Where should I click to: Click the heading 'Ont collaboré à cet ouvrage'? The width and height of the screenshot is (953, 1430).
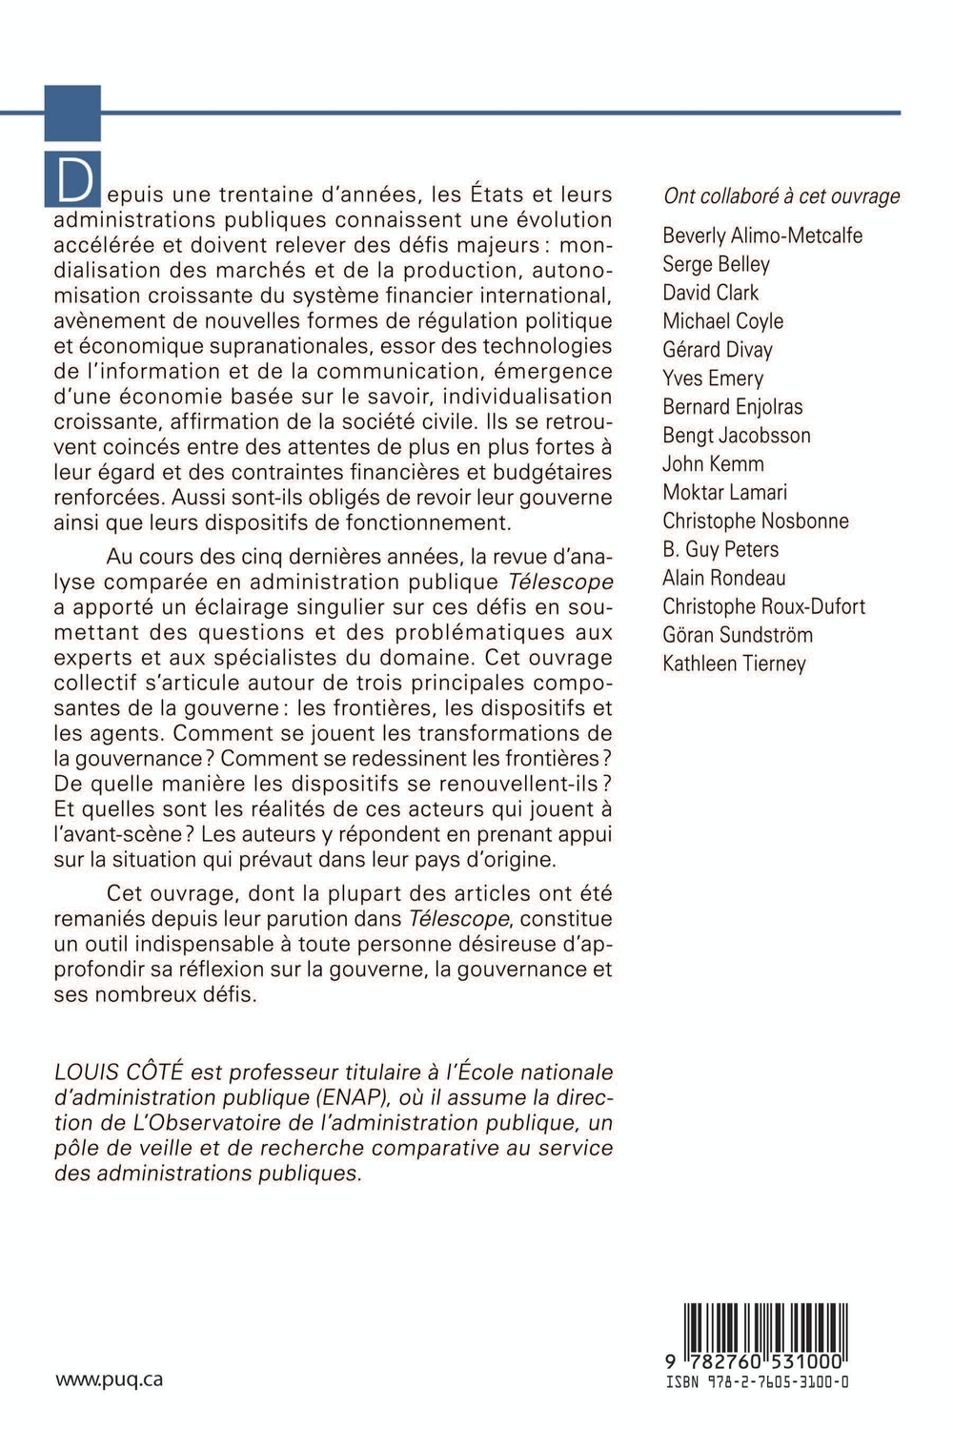(x=781, y=196)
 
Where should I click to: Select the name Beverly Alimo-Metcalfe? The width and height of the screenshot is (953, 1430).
(x=762, y=235)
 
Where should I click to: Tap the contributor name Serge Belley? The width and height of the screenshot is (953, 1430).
(x=716, y=264)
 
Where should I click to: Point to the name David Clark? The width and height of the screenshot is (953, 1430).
(x=711, y=293)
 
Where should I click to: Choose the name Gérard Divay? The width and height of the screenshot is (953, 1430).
(x=718, y=350)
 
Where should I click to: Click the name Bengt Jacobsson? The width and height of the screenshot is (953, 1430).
(x=737, y=436)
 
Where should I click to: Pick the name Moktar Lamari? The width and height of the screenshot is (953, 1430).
(x=725, y=493)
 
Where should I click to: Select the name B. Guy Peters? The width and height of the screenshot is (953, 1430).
(x=720, y=550)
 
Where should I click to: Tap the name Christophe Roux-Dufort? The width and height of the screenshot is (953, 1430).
(x=764, y=607)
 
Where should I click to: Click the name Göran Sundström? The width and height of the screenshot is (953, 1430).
(x=738, y=636)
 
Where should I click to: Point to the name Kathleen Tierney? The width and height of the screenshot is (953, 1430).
(x=734, y=664)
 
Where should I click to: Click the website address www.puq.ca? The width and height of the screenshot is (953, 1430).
(x=110, y=1379)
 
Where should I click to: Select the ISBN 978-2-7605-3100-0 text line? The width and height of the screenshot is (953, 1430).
(x=758, y=1381)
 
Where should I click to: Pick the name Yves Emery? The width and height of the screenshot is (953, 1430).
(x=713, y=378)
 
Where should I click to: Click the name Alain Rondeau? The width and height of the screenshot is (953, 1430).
(x=724, y=579)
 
